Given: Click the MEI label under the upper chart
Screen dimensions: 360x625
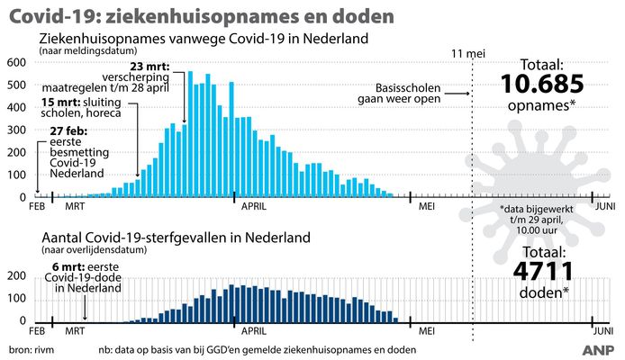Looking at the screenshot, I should tap(427, 205).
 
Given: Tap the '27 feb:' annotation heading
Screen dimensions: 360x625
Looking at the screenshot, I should tap(57, 130).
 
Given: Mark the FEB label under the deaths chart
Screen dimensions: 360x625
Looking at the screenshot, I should tap(37, 330).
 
